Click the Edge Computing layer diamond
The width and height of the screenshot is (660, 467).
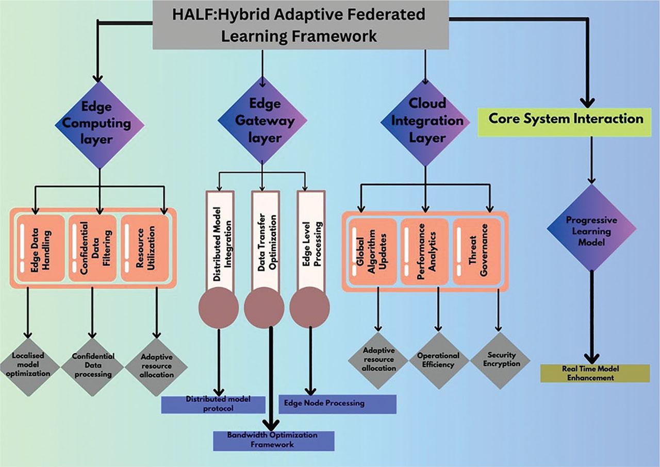click(x=99, y=124)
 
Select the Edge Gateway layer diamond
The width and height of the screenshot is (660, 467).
click(x=262, y=122)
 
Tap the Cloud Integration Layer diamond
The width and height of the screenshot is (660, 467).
click(x=426, y=122)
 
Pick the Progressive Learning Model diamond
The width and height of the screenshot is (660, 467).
click(x=591, y=227)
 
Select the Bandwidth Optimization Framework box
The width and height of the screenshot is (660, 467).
click(x=274, y=440)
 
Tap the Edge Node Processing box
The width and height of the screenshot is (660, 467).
click(x=337, y=404)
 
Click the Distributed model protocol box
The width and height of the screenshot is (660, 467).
click(x=213, y=405)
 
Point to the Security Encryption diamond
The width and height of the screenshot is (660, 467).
click(x=499, y=360)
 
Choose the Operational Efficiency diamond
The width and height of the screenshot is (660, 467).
click(x=438, y=360)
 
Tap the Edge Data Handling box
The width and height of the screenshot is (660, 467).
click(x=41, y=248)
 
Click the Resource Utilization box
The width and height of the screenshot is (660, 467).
click(x=146, y=248)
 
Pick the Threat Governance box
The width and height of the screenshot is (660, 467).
click(x=477, y=251)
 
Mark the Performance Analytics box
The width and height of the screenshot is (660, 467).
click(x=425, y=251)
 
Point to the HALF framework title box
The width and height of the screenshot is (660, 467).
click(x=300, y=25)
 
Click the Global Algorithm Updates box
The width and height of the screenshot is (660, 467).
click(x=372, y=251)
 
